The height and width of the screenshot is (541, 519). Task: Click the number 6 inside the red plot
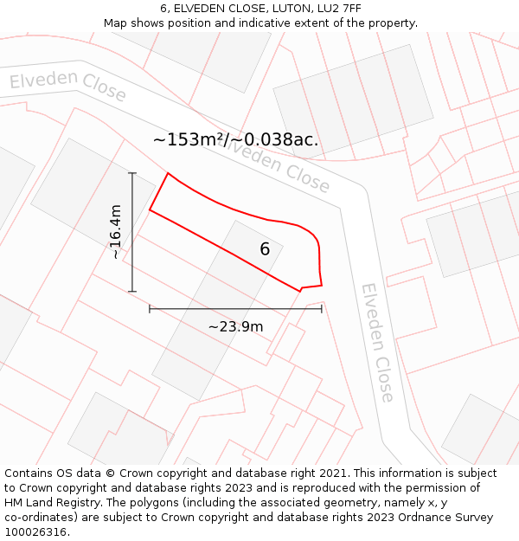265,249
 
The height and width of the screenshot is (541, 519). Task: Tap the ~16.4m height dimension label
116,232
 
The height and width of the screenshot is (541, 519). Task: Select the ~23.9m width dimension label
235,326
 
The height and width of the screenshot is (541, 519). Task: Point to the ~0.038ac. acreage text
275,139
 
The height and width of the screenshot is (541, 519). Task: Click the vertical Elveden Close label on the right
378,342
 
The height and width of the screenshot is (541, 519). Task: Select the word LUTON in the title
290,9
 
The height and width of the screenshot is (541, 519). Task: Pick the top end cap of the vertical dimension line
132,173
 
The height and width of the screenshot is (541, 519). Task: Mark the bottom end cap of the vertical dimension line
132,292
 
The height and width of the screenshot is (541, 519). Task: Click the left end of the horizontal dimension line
150,308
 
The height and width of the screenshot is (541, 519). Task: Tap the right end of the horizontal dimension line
322,308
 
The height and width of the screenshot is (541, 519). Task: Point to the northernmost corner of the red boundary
168,173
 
